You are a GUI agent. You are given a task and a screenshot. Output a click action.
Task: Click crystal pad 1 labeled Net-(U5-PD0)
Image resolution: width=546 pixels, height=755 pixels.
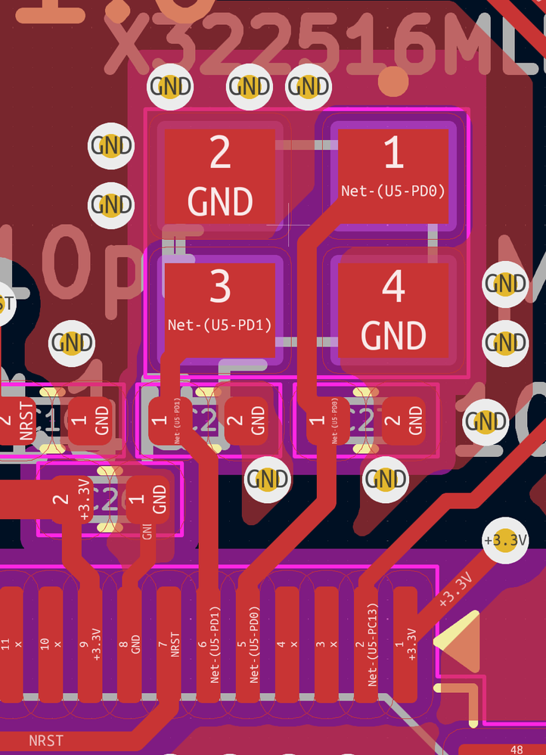393,176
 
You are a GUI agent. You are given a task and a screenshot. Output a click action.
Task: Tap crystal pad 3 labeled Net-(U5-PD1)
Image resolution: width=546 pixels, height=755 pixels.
219,309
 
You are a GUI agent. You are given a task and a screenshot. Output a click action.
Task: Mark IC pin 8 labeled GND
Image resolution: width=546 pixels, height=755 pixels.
129,643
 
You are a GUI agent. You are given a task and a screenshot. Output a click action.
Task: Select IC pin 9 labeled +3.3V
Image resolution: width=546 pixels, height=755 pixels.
90,643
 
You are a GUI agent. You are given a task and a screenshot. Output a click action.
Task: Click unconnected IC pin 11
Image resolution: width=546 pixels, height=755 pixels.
11,643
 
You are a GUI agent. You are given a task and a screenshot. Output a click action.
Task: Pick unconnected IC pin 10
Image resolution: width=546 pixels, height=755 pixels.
51,643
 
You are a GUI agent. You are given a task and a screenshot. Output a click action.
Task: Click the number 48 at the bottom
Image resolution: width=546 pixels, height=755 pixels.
517,750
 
